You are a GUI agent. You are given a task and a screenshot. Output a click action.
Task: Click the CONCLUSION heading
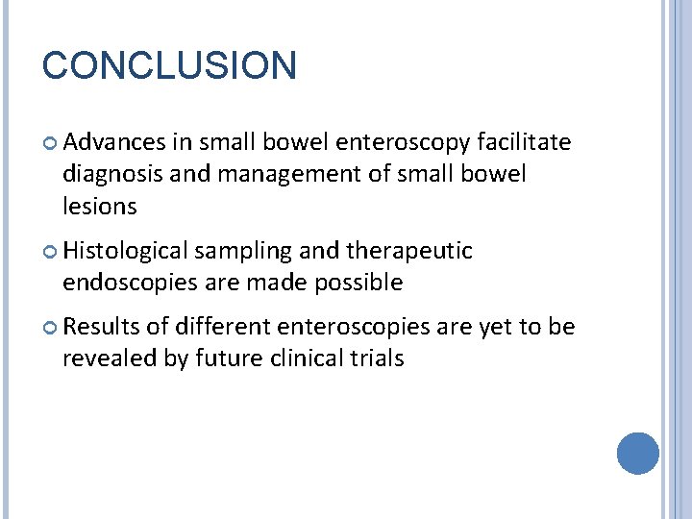pos(170,66)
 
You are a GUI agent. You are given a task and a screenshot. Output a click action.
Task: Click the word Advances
pos(114,143)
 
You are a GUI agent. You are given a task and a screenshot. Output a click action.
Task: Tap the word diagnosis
pos(109,175)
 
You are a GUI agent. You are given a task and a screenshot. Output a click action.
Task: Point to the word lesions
pos(100,206)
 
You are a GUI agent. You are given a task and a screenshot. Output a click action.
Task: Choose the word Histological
pos(126,251)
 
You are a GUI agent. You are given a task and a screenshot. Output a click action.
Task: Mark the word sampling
pos(244,251)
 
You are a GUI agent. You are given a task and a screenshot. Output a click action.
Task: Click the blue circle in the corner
pos(637,453)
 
